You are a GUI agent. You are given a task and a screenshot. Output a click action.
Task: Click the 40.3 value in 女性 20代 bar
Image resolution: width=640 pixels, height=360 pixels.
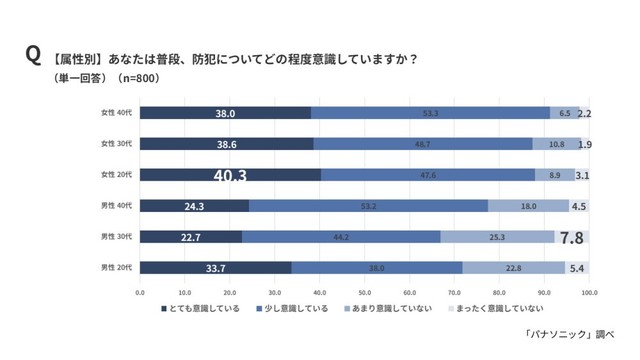(x=230, y=175)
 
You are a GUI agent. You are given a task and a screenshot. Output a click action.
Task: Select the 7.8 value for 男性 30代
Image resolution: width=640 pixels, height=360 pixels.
(x=572, y=237)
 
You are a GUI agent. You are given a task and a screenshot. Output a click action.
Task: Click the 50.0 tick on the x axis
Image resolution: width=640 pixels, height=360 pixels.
(x=364, y=294)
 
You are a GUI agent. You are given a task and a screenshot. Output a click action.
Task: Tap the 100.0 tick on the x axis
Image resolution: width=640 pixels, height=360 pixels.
(x=589, y=294)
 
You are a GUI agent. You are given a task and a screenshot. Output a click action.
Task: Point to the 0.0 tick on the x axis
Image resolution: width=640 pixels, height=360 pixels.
(x=140, y=294)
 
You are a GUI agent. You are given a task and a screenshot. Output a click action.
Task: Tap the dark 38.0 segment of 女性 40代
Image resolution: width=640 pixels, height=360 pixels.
(x=225, y=114)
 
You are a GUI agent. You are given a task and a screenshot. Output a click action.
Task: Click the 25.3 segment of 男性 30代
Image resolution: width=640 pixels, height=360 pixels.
(x=497, y=237)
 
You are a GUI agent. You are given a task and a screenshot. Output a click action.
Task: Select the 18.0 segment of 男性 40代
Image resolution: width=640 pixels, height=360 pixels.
(x=528, y=206)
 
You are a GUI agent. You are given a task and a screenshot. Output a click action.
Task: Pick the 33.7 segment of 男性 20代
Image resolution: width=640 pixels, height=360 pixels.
(x=215, y=268)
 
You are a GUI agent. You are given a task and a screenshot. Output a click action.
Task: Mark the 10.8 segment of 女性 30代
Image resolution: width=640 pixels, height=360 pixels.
(x=556, y=144)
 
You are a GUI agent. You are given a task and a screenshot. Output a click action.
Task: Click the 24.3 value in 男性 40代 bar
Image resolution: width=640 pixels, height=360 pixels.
(x=195, y=206)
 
